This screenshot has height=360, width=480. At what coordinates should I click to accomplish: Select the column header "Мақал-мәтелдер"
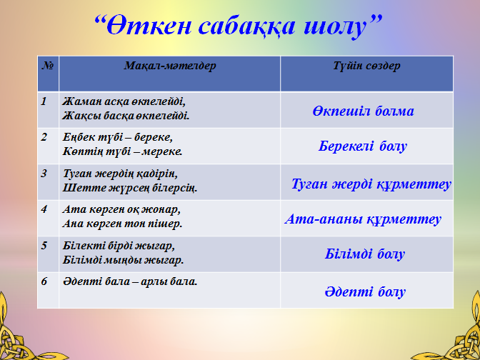170,66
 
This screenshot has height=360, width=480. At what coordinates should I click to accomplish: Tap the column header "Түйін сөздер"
366,66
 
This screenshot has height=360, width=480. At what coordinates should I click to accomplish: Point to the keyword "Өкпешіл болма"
363,111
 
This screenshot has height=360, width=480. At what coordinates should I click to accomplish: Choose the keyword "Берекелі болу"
363,146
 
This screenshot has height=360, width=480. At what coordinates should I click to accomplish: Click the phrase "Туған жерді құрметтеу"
371,184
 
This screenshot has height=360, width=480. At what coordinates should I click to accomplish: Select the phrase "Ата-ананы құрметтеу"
363,219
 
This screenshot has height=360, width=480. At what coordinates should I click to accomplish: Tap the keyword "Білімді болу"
365,254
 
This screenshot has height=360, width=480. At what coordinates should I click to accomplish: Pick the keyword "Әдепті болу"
365,291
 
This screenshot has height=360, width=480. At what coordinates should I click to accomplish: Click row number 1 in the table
44,101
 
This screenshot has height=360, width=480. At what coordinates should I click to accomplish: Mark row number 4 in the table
44,210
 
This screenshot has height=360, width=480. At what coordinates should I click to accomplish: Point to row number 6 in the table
44,282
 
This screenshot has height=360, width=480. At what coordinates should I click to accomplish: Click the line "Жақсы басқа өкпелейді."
126,116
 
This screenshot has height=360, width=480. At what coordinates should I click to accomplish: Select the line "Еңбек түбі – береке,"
118,137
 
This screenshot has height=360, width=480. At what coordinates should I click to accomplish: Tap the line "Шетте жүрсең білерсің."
130,188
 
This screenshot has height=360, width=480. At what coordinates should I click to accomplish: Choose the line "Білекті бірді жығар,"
119,246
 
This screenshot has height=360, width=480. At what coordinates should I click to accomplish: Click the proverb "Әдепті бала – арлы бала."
130,282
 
